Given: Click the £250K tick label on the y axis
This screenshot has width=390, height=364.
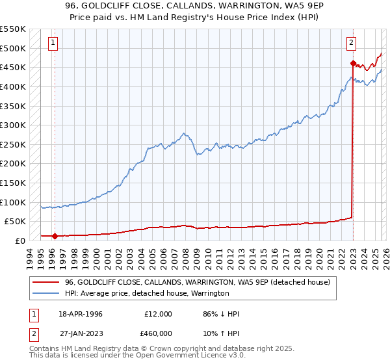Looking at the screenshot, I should tap(13, 144).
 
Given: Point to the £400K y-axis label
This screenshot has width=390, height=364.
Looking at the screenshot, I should tap(13, 86).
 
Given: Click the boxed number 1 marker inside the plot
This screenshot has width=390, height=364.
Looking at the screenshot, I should tap(53, 44).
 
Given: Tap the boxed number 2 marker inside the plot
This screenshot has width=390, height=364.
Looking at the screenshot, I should tap(351, 44).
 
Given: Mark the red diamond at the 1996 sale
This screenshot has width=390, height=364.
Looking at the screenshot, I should tap(55, 236).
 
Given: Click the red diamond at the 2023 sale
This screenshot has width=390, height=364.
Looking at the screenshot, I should tap(353, 64).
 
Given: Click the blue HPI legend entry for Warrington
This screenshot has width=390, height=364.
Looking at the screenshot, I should tap(146, 293).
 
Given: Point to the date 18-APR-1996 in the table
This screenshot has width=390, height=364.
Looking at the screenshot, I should tap(81, 314).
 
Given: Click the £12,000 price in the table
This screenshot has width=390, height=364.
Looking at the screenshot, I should tap(159, 314).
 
